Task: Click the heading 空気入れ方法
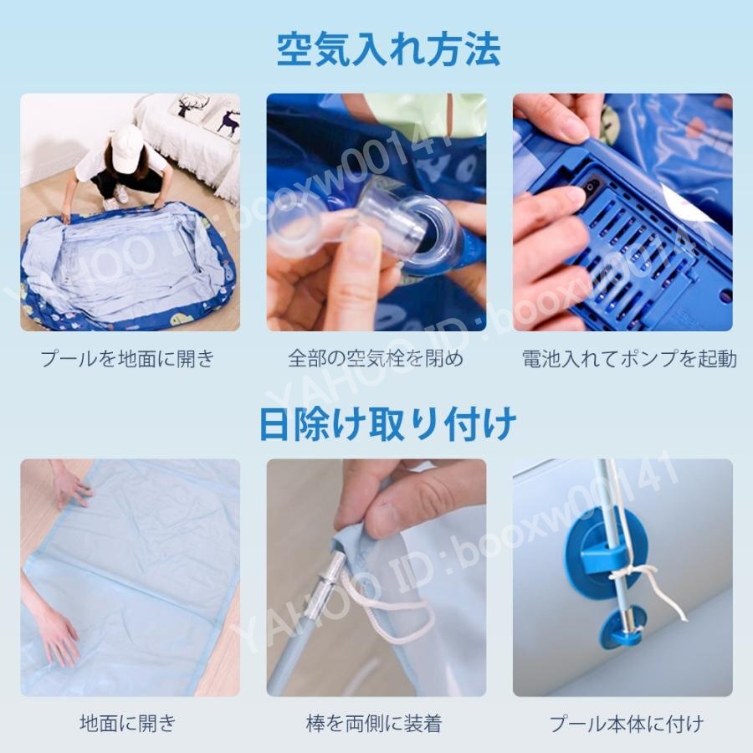tap(388, 49)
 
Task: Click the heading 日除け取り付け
tap(387, 423)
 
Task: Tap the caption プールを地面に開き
tap(127, 359)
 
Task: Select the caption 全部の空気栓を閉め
tap(376, 359)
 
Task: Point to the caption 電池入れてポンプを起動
tap(629, 359)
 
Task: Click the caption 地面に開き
tap(128, 723)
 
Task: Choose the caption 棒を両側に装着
tap(374, 723)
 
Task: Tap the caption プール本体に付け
tap(626, 723)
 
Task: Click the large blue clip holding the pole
tap(606, 552)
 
